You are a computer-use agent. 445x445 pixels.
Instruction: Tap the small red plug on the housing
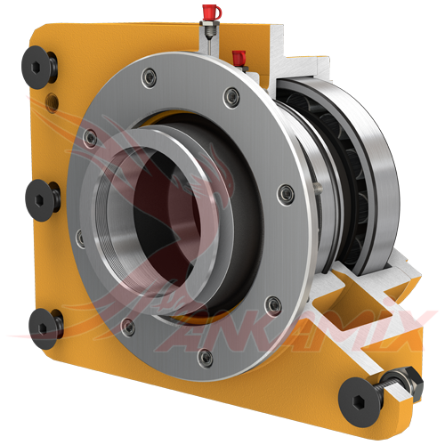pyautogui.click(x=238, y=59)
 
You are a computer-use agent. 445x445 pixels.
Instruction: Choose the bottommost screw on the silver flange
pyautogui.click(x=206, y=357)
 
